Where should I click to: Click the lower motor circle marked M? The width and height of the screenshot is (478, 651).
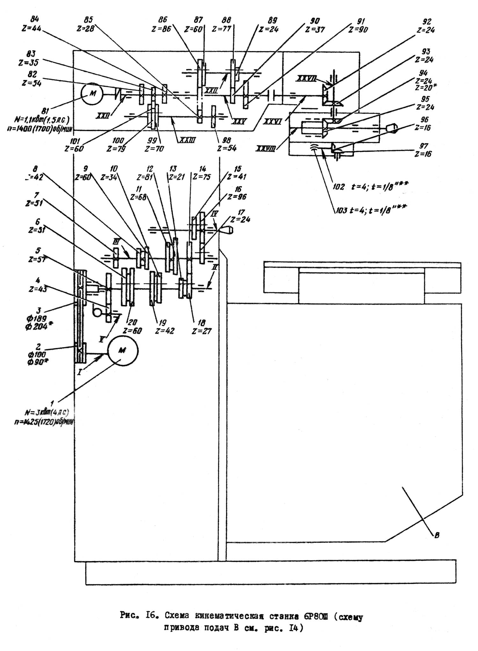(123, 351)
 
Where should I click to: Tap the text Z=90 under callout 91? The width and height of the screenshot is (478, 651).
(358, 30)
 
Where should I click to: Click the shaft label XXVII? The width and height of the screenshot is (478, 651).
(307, 78)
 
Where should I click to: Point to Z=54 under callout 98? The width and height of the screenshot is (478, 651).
(227, 148)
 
